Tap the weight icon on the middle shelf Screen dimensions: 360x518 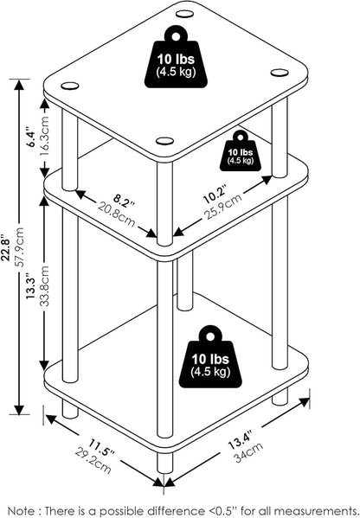coord(241,150)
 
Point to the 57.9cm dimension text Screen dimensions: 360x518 coord(21,247)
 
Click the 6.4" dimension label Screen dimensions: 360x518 coord(31,135)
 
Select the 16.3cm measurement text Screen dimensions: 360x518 coord(45,136)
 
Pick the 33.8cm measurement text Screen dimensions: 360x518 coord(45,286)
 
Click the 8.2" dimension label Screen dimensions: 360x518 coord(125,201)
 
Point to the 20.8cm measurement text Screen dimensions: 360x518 coord(116,214)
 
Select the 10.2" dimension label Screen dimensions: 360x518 coord(215,195)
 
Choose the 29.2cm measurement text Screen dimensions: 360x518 coord(93,460)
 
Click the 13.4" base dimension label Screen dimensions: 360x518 coord(241,440)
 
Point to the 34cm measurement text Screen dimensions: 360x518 coord(248,452)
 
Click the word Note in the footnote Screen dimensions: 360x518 coord(21,510)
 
